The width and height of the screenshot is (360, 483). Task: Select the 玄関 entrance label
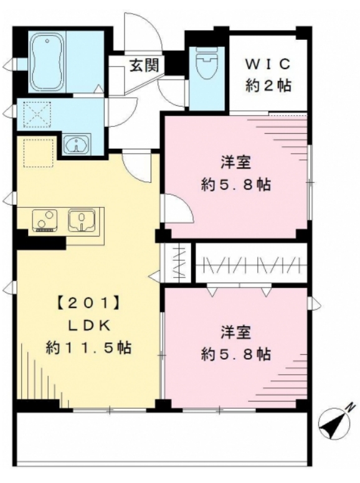[143, 63]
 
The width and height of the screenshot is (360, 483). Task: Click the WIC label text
[268, 63]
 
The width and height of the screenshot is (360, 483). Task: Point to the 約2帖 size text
[268, 86]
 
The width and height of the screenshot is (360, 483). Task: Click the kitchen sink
[80, 220]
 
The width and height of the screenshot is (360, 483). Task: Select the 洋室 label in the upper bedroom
[236, 163]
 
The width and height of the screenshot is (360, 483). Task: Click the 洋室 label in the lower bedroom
[235, 332]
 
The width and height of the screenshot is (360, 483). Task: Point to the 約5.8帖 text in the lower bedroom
[235, 354]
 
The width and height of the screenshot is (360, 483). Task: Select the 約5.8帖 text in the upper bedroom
[236, 185]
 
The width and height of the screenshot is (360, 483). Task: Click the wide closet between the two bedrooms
[252, 263]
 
